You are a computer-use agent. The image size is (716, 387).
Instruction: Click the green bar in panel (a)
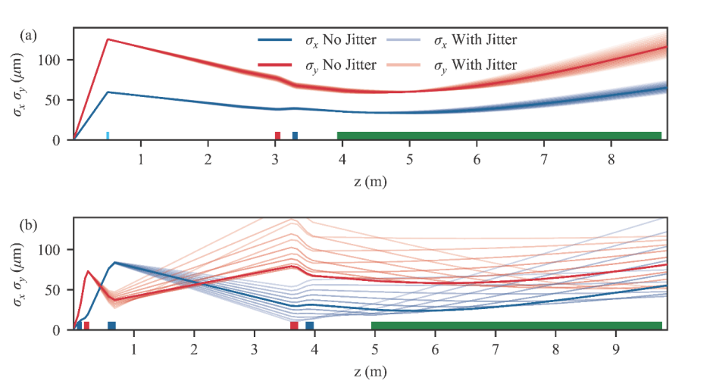499,136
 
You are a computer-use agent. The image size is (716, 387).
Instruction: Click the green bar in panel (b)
517,326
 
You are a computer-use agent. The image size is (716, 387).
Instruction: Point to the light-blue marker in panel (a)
108,136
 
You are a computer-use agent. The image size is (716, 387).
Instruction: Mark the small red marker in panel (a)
277,136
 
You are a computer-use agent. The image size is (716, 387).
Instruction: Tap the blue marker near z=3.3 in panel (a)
295,136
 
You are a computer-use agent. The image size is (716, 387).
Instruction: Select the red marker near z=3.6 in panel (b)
294,326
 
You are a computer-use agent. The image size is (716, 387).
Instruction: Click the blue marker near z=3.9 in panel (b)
310,326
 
